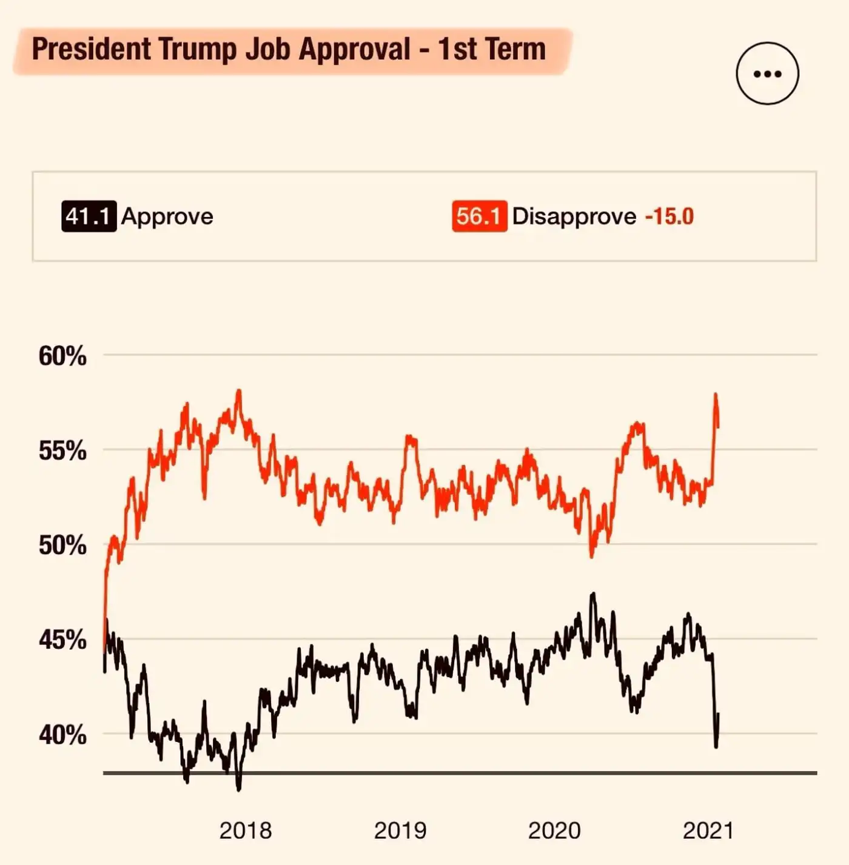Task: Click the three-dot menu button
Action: point(767,74)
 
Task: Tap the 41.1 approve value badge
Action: point(89,216)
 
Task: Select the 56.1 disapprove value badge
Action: point(479,216)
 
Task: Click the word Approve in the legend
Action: point(167,216)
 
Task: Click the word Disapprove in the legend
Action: point(574,216)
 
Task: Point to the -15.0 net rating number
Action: point(669,216)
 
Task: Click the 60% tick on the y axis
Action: point(62,356)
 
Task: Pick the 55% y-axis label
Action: point(62,451)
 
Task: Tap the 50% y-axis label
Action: point(62,546)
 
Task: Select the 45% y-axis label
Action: point(62,640)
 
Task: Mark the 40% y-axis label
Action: point(62,735)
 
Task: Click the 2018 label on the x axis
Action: point(246,830)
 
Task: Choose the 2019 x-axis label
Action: point(400,830)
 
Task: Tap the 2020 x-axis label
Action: point(554,830)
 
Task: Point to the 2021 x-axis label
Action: point(708,830)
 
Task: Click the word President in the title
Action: point(91,49)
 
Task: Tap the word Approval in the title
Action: point(355,49)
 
